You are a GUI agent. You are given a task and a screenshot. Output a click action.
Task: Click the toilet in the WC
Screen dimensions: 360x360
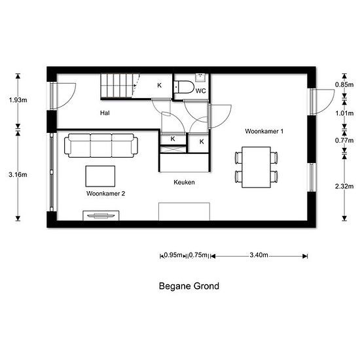[x=184, y=87]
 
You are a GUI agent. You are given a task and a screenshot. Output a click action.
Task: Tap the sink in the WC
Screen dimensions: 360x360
[x=200, y=77]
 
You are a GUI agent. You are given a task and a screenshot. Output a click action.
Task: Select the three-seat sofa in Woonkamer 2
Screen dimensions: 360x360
[x=101, y=145]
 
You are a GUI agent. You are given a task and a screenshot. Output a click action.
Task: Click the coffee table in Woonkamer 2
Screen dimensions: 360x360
[x=100, y=176]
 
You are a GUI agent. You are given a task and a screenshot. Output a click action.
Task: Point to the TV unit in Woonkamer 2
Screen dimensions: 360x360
[x=101, y=215]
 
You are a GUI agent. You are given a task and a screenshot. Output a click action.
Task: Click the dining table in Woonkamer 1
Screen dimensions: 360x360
[x=256, y=167]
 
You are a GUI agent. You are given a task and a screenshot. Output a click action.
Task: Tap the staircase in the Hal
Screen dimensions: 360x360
[x=120, y=86]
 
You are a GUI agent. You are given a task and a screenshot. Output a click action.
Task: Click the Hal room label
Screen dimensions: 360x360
[x=105, y=113]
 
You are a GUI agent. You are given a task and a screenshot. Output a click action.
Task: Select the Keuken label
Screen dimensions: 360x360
[x=184, y=183]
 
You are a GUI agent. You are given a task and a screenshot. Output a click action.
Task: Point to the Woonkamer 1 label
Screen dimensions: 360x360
[x=264, y=132]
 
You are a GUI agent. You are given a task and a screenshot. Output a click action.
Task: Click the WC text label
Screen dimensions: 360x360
[x=201, y=91]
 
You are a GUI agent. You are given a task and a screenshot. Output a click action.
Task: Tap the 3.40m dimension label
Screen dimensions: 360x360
[x=259, y=255]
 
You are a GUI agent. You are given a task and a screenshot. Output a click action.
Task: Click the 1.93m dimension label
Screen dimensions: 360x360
[x=18, y=100]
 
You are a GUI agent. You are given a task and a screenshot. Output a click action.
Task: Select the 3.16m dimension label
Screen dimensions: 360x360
[x=18, y=175]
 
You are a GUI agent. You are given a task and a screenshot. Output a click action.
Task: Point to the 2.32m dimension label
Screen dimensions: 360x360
[x=344, y=186]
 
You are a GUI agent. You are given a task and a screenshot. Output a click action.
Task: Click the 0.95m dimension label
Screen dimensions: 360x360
[x=173, y=255]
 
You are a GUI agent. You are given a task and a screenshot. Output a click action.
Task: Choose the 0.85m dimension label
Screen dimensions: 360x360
[x=344, y=84]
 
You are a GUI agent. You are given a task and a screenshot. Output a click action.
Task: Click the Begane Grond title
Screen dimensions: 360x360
[x=189, y=286]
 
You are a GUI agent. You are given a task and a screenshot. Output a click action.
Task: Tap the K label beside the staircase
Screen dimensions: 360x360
[x=159, y=85]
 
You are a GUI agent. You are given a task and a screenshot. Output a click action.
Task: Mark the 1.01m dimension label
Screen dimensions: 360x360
[x=344, y=113]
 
